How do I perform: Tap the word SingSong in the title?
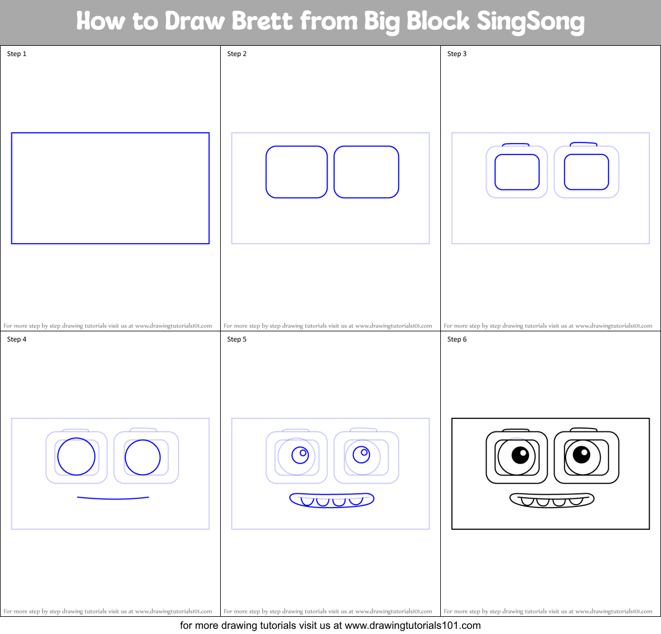(x=530, y=22)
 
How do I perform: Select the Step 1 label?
(x=17, y=54)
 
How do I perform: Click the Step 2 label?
(x=237, y=54)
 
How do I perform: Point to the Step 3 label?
(x=457, y=54)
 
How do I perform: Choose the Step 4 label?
(x=17, y=339)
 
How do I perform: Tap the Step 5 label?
(x=237, y=339)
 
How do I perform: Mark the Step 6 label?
(x=457, y=339)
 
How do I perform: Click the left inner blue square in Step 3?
(x=517, y=172)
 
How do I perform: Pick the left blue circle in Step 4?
(x=76, y=457)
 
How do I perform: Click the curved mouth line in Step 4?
(x=113, y=498)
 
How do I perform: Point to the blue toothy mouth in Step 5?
(x=332, y=500)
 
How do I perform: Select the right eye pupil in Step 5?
(x=361, y=454)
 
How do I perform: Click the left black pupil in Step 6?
(x=520, y=455)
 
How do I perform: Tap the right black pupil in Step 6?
(x=582, y=455)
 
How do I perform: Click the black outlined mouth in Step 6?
(x=552, y=500)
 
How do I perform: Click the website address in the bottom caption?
(x=412, y=625)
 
